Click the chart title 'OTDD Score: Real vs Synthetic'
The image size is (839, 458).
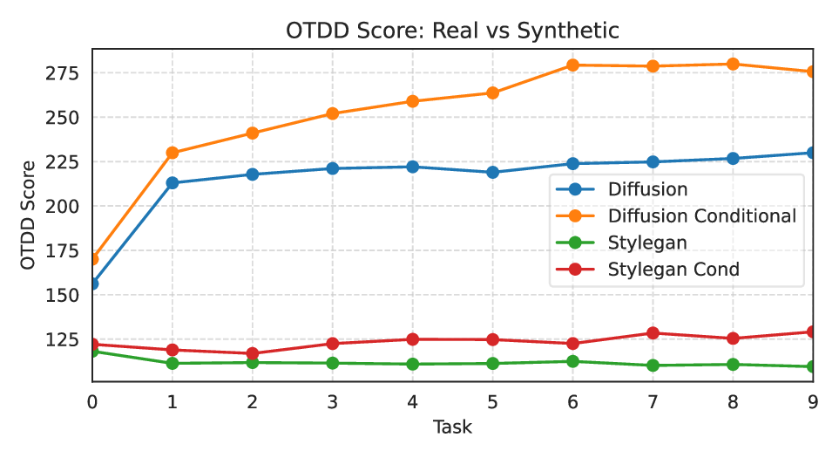coord(452,31)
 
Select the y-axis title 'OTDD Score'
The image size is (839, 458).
coord(29,215)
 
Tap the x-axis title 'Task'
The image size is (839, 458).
coord(452,427)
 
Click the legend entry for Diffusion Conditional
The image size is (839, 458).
coord(701,215)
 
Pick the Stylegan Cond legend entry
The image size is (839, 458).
coord(673,269)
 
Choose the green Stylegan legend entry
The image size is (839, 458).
coord(646,243)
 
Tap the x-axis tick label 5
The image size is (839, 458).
coord(492,402)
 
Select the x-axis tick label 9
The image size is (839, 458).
coord(813,402)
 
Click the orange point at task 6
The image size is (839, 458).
coord(572,65)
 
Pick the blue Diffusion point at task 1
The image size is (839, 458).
coord(173,183)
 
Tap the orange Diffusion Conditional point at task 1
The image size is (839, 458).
coord(173,153)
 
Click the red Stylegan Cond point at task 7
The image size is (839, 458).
coord(653,333)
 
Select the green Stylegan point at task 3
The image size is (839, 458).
coord(332,363)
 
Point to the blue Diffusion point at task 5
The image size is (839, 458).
coord(492,172)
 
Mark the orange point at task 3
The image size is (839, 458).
coord(332,113)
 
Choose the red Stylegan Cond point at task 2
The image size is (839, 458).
coord(253,354)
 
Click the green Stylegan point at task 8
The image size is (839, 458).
coord(733,365)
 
